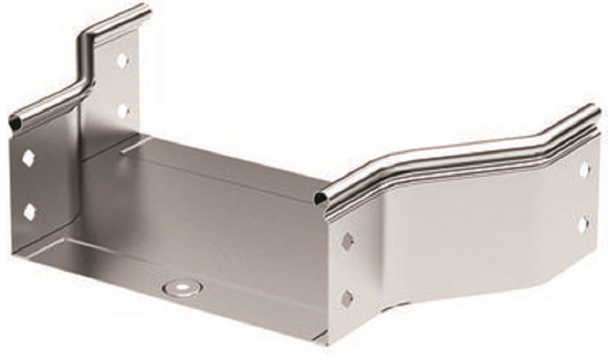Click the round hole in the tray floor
pos(182,288)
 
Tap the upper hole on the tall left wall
pos(122,59)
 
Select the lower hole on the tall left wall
pos(122,110)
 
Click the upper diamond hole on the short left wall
pos(29,158)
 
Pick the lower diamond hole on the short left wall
pos(29,212)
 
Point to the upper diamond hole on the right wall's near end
pos(347,242)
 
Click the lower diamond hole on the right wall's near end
pos(347,298)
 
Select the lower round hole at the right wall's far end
pos(583,225)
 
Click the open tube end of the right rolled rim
pos(322,200)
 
